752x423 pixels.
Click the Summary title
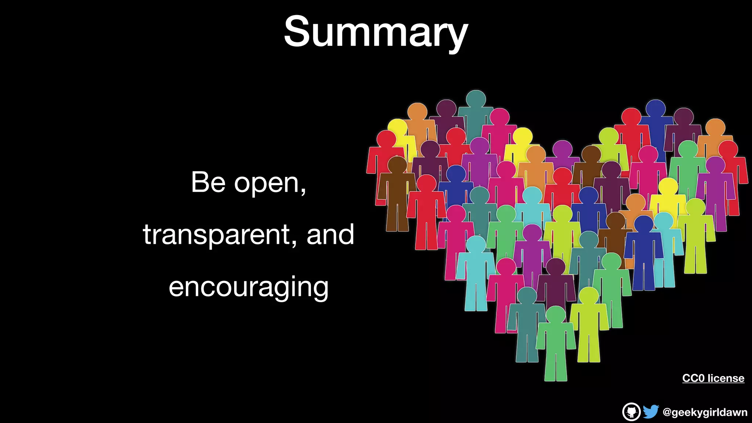pyautogui.click(x=376, y=32)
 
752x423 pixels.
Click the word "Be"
pyautogui.click(x=208, y=182)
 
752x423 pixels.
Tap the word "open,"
pyautogui.click(x=270, y=184)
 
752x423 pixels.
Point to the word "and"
pyautogui.click(x=330, y=235)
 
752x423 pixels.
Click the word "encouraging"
pyautogui.click(x=249, y=288)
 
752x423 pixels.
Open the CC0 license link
pyautogui.click(x=713, y=378)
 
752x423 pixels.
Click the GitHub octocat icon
pyautogui.click(x=631, y=412)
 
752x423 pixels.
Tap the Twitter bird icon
pyautogui.click(x=651, y=412)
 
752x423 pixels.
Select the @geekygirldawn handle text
pyautogui.click(x=705, y=412)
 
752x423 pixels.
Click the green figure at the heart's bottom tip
pyautogui.click(x=556, y=345)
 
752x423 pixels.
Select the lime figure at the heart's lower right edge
pyautogui.click(x=696, y=235)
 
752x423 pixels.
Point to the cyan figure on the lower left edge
pyautogui.click(x=476, y=274)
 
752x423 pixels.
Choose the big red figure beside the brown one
pyautogui.click(x=426, y=213)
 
